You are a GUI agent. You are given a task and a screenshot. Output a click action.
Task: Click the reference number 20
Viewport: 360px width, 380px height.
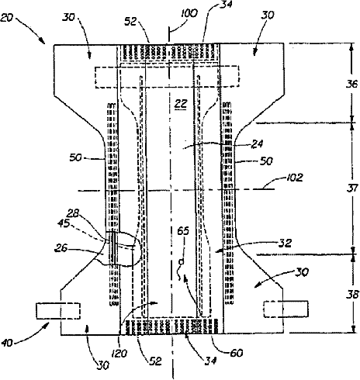(6, 19)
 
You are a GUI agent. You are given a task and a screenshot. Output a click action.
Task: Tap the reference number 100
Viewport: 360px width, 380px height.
(189, 13)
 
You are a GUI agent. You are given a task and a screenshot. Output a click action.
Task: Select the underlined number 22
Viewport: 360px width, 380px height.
(180, 104)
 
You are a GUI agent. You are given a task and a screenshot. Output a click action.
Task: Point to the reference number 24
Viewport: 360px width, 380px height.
(257, 143)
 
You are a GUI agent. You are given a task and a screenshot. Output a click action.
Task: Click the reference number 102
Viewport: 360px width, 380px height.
(295, 178)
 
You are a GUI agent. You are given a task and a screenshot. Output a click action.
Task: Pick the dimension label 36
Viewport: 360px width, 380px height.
(351, 84)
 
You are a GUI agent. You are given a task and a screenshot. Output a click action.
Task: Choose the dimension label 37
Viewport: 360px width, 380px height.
(352, 188)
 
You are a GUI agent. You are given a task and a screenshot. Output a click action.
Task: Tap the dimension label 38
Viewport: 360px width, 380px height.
(352, 295)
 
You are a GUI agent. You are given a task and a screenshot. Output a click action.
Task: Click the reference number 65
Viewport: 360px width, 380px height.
(183, 231)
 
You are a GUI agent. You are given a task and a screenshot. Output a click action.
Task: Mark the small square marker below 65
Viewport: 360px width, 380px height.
(182, 262)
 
